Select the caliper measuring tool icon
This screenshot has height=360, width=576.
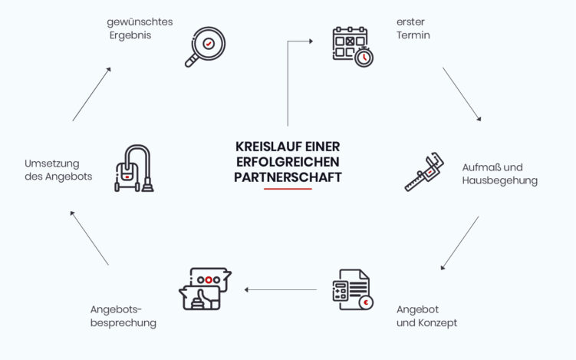click(425, 174)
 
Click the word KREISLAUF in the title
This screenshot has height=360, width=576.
click(265, 146)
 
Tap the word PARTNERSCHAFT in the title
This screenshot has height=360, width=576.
click(287, 177)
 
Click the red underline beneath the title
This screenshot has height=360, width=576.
click(287, 188)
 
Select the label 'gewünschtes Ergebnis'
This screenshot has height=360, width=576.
click(140, 28)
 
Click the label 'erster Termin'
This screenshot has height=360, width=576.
click(413, 28)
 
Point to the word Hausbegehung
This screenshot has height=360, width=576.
click(499, 181)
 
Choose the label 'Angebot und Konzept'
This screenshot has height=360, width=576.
click(426, 315)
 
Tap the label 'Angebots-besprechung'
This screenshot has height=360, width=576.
click(123, 315)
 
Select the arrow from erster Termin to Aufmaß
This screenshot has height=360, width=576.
click(462, 94)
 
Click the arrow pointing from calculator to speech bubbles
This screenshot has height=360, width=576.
click(281, 289)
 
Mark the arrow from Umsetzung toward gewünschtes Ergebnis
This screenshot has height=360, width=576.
click(92, 94)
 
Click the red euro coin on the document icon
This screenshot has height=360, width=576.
click(366, 302)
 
